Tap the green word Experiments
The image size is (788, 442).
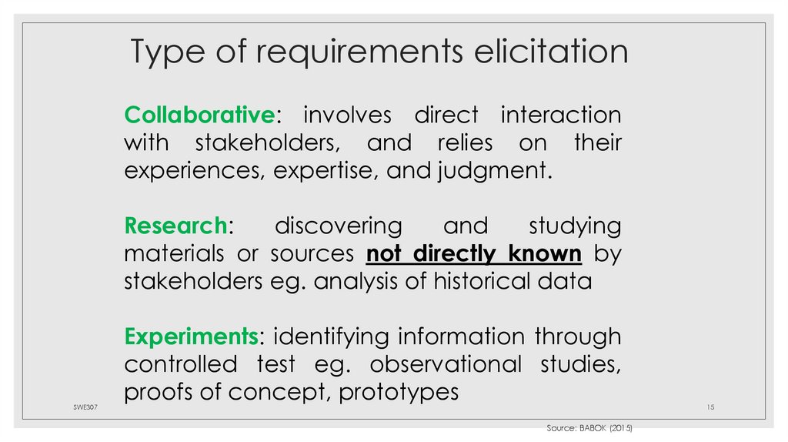(190, 337)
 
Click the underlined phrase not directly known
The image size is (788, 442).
(473, 253)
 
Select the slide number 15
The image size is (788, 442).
(710, 407)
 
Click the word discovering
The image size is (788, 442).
(339, 226)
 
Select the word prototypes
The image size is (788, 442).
(399, 393)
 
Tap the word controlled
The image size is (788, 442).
(181, 364)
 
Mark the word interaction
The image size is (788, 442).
(561, 116)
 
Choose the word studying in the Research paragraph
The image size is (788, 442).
(575, 226)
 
